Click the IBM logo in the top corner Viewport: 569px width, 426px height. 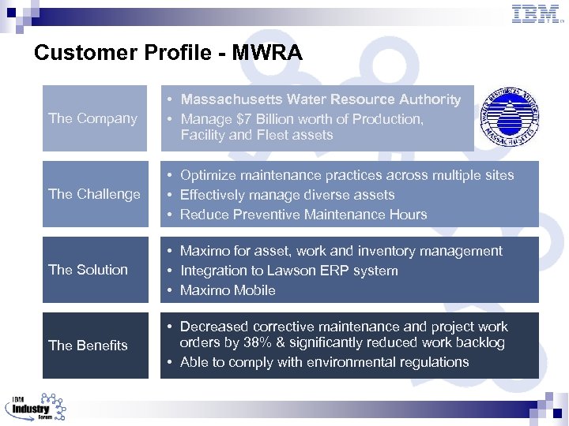tap(536, 13)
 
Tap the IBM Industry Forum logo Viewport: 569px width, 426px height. tap(36, 407)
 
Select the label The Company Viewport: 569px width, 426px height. tap(92, 118)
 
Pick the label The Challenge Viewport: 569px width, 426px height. tap(94, 194)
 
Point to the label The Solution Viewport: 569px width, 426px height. tap(88, 270)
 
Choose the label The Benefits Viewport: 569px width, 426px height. tap(88, 346)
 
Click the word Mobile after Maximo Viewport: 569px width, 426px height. tap(253, 290)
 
